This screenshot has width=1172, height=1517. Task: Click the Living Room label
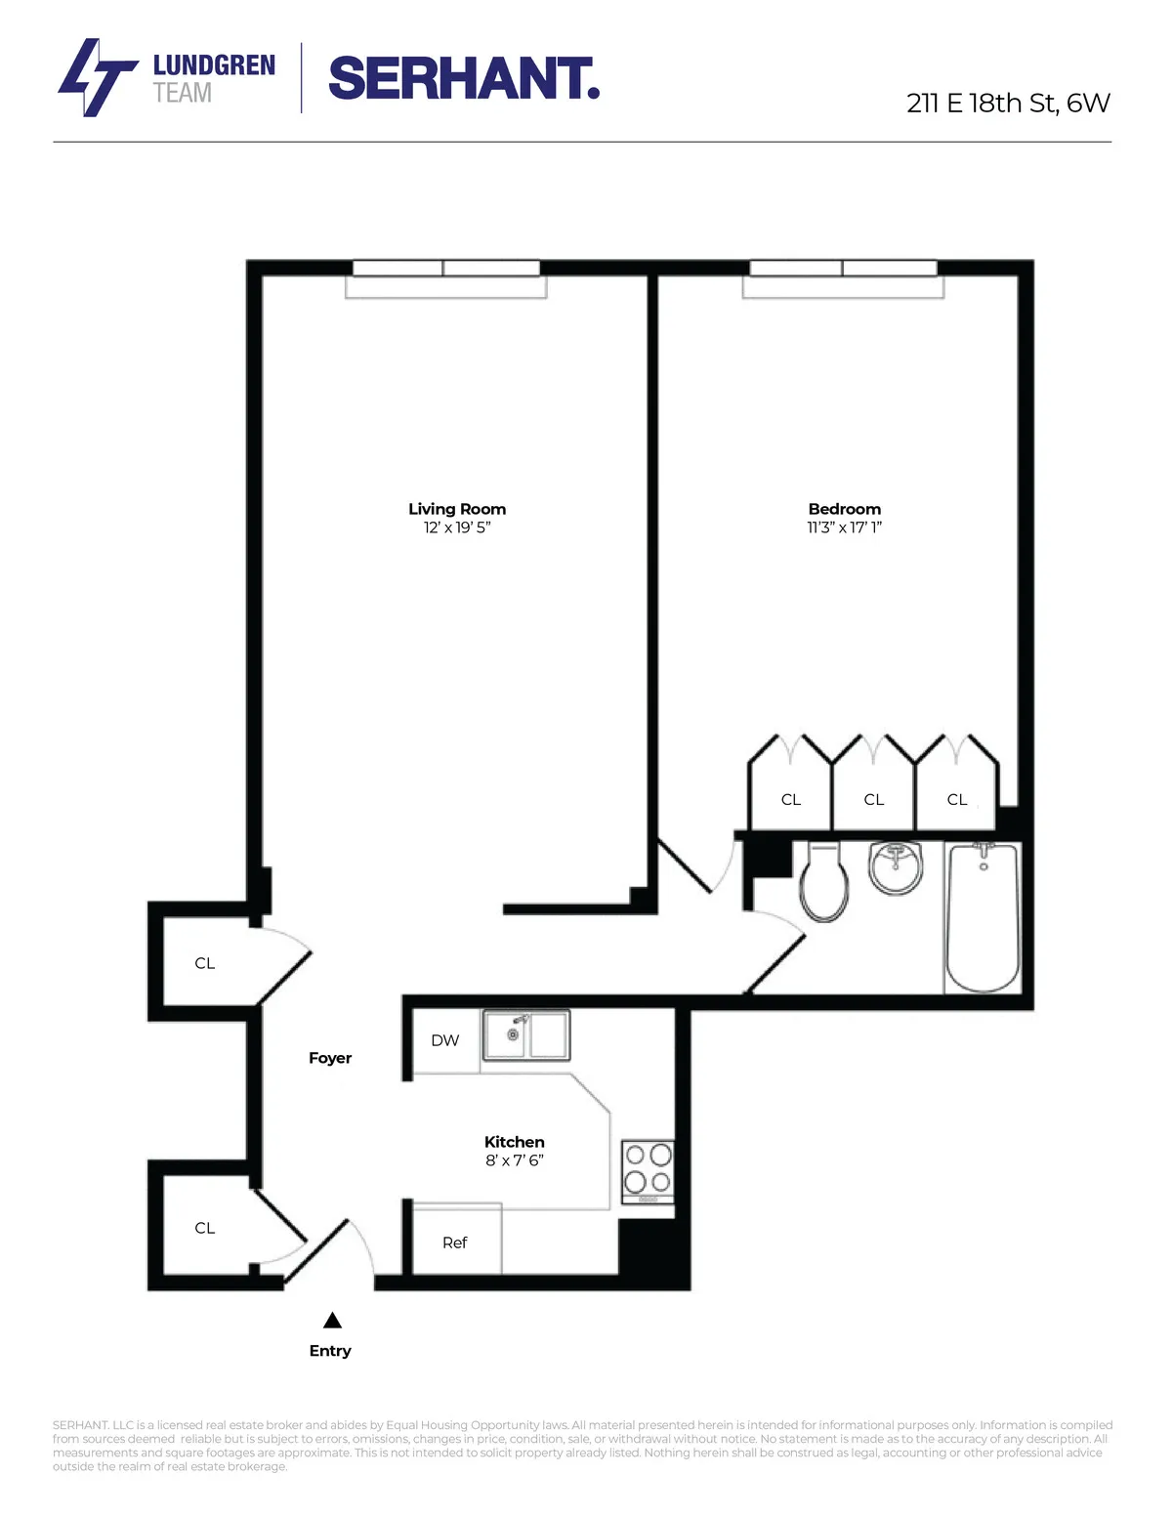tap(457, 509)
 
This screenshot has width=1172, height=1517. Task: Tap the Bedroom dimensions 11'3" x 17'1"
tap(844, 527)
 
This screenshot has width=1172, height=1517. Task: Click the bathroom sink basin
tap(896, 866)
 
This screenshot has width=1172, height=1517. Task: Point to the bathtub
tap(983, 917)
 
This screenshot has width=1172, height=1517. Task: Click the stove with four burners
tap(648, 1171)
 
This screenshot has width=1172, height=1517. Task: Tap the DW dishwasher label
tap(444, 1040)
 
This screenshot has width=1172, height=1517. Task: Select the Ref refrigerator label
tap(454, 1243)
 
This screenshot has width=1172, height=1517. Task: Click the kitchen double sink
tap(525, 1035)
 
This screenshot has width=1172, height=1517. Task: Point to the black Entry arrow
tap(332, 1321)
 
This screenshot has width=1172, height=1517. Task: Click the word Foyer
tap(330, 1058)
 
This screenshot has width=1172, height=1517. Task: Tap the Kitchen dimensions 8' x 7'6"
tap(514, 1160)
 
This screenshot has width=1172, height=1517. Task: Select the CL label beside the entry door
tap(204, 1228)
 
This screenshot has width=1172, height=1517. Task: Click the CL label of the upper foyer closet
tap(204, 963)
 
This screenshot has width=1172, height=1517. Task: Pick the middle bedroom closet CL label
tap(873, 800)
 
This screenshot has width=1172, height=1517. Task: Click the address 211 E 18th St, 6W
tap(1007, 104)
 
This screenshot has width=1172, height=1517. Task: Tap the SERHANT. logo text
tap(463, 78)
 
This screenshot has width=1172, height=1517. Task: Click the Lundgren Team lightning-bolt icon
tap(96, 78)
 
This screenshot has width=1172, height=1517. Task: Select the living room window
tap(445, 269)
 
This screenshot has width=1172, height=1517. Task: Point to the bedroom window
tap(843, 269)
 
